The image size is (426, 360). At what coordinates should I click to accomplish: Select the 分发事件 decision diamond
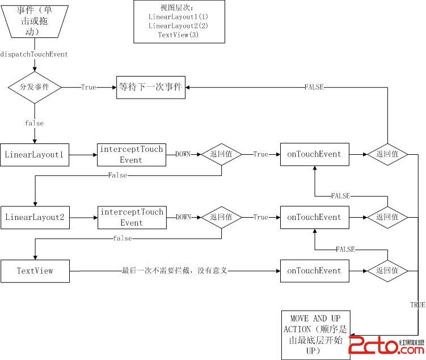[35, 88]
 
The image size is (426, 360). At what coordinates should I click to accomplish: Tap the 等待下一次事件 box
[150, 88]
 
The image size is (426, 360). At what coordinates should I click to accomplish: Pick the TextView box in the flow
[35, 271]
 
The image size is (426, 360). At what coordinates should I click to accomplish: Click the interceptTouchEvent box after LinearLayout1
[132, 154]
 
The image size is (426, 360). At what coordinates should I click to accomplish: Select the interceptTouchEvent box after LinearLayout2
[132, 217]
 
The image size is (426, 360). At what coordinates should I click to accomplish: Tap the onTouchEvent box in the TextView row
[314, 271]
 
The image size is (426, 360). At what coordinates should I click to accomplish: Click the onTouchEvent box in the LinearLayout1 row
[314, 154]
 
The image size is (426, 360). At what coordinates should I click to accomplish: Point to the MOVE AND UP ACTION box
[315, 334]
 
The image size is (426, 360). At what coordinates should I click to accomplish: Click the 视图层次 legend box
[172, 22]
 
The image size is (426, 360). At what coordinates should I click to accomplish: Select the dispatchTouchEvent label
[35, 54]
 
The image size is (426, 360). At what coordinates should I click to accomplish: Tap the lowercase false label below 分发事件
[35, 123]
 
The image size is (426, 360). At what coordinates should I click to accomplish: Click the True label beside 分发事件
[88, 88]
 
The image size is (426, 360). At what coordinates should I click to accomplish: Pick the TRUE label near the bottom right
[417, 305]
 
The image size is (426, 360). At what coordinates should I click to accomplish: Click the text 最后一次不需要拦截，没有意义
[175, 271]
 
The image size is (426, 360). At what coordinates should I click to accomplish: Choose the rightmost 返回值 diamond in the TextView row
[387, 271]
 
